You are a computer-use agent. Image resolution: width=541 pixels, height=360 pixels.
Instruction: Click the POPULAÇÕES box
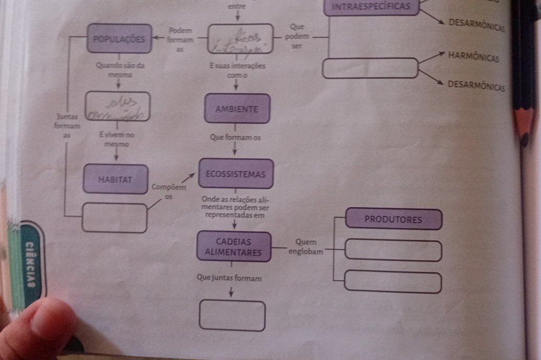(119, 39)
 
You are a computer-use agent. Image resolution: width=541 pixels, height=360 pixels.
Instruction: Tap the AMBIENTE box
(237, 109)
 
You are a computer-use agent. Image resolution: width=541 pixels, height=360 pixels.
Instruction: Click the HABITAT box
(115, 179)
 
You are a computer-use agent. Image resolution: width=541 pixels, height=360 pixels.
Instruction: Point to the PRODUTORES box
(393, 219)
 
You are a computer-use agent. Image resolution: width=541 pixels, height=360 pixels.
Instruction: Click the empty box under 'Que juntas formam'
(232, 315)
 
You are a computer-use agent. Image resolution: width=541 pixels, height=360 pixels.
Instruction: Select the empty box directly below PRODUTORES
(393, 250)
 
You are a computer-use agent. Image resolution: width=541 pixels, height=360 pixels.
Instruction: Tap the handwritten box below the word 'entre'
(241, 39)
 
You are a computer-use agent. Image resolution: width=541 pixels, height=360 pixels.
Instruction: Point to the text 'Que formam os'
(234, 138)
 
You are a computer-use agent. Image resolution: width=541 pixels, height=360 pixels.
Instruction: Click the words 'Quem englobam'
(306, 246)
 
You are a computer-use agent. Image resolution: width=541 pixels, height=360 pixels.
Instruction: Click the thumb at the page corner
(37, 330)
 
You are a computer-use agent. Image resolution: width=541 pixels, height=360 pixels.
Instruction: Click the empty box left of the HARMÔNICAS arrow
(370, 69)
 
